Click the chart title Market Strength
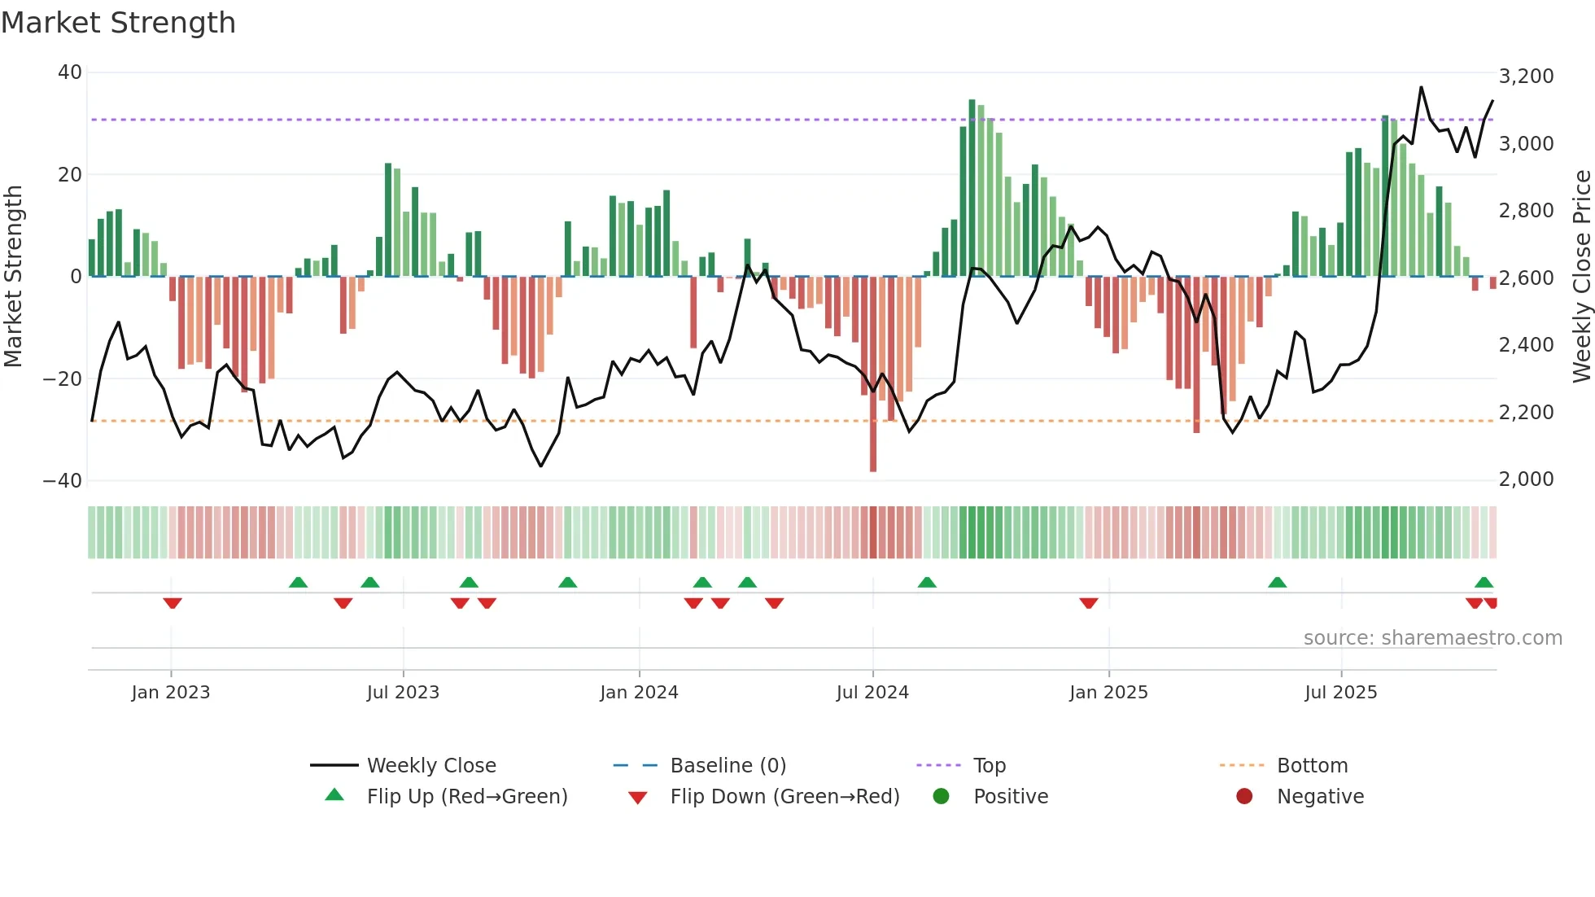[118, 23]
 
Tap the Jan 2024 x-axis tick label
[639, 693]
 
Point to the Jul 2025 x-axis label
[1340, 693]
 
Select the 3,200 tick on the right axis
[1526, 77]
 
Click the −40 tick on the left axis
[63, 481]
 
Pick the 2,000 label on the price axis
[1526, 479]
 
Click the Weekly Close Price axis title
[1581, 277]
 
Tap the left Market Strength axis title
[14, 277]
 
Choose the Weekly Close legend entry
[430, 766]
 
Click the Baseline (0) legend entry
[728, 766]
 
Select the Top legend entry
[989, 766]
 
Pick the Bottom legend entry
[1312, 766]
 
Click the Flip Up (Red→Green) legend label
[466, 797]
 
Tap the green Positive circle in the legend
[942, 797]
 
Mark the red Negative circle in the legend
[1244, 797]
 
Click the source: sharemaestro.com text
[1432, 638]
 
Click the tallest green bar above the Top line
[972, 187]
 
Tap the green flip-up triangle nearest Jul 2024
[927, 582]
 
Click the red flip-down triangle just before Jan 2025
[1089, 603]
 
